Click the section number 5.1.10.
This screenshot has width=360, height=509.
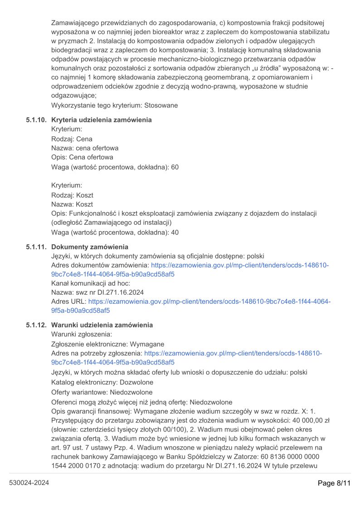point(36,120)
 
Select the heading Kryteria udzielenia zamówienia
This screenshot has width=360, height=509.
point(102,120)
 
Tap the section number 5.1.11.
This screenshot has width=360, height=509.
point(36,247)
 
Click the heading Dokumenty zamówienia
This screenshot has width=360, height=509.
point(90,247)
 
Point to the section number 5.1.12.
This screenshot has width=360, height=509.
point(36,325)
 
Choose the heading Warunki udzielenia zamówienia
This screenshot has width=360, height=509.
point(102,325)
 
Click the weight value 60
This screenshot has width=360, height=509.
point(175,167)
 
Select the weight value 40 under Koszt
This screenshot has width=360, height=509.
point(175,233)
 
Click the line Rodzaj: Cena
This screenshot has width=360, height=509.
point(72,139)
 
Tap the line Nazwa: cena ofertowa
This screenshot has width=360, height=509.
point(85,148)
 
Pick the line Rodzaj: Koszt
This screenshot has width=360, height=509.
point(72,195)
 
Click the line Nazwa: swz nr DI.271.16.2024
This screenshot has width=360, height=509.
point(97,293)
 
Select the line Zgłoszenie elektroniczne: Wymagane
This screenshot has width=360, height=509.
point(108,344)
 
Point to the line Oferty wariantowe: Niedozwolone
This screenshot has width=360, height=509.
point(102,392)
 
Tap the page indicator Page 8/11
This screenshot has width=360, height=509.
point(334,483)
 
